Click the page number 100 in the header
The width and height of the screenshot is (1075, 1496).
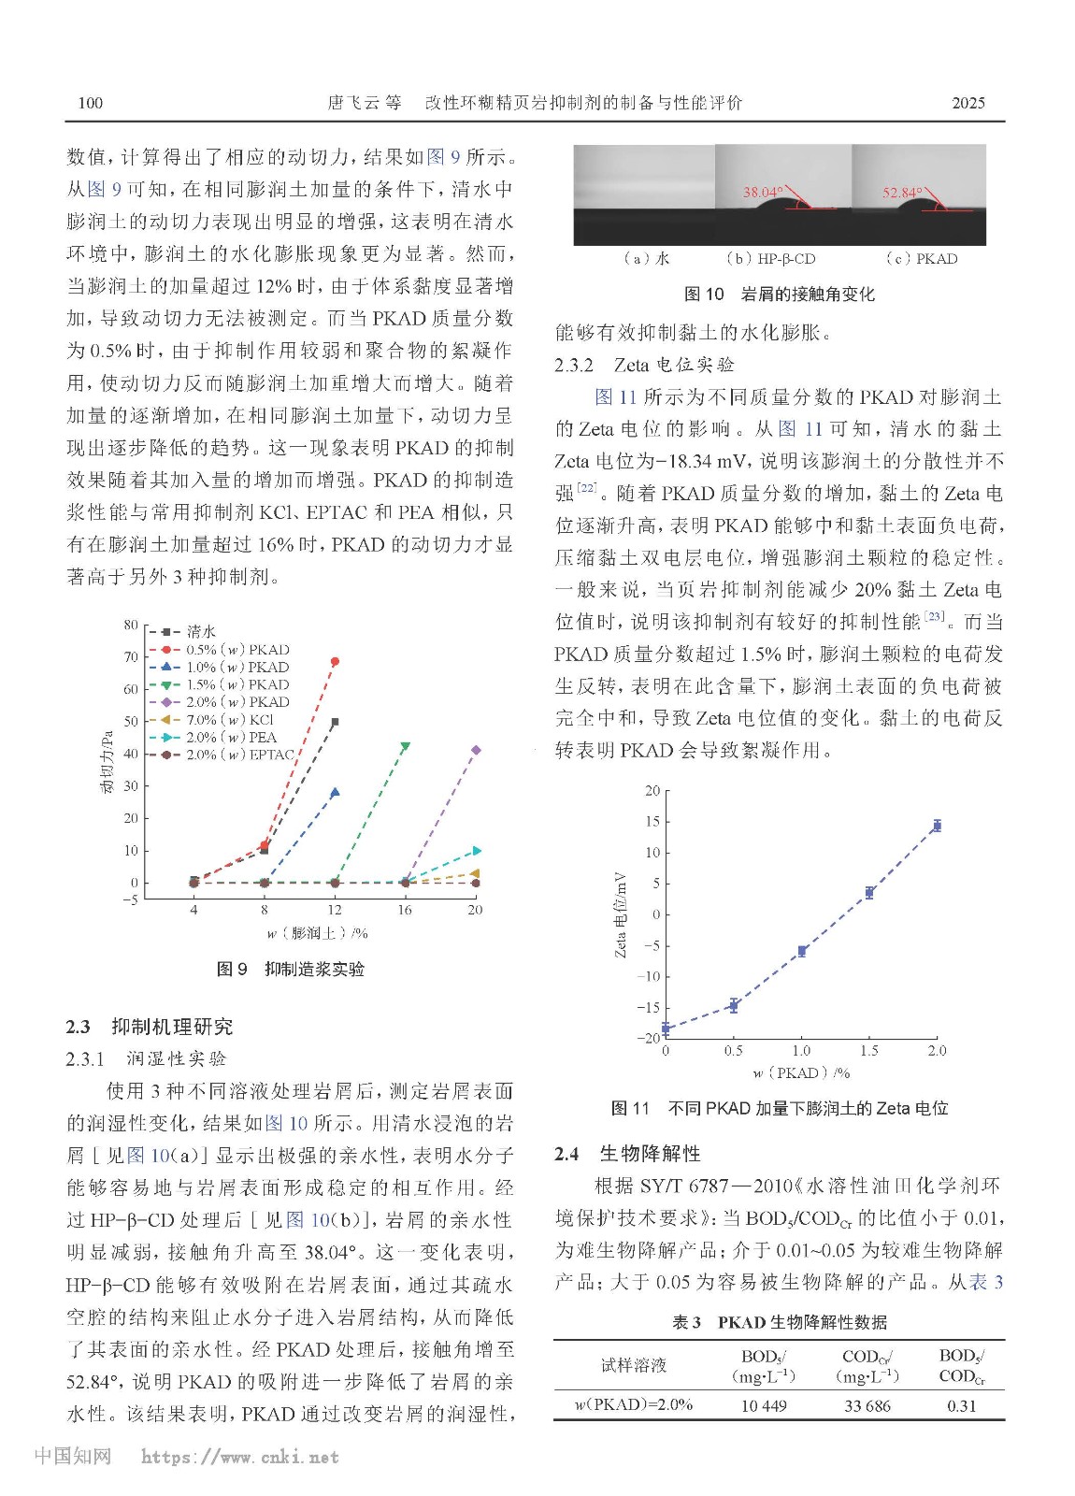pos(91,103)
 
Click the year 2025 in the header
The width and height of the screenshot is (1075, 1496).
pos(967,103)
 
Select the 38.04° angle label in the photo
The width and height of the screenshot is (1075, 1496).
pos(763,193)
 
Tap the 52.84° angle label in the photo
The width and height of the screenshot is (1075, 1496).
pos(902,193)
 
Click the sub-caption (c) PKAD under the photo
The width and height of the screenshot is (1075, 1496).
pos(921,259)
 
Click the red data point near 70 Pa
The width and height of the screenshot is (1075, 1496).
pos(335,662)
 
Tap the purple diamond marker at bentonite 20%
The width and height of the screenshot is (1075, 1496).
pos(476,750)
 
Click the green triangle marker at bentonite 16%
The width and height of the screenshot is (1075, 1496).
pos(405,746)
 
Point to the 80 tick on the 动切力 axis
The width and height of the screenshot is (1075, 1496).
pos(131,625)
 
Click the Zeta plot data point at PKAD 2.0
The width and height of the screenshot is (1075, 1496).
pos(937,826)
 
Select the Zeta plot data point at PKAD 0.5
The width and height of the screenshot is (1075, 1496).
pos(734,1006)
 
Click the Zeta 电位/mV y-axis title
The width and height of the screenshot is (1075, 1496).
pos(620,914)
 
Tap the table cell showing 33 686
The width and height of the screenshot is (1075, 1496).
pos(867,1405)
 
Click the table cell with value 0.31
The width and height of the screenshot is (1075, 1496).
pos(961,1405)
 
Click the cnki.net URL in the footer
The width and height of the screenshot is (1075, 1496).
pos(239,1457)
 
